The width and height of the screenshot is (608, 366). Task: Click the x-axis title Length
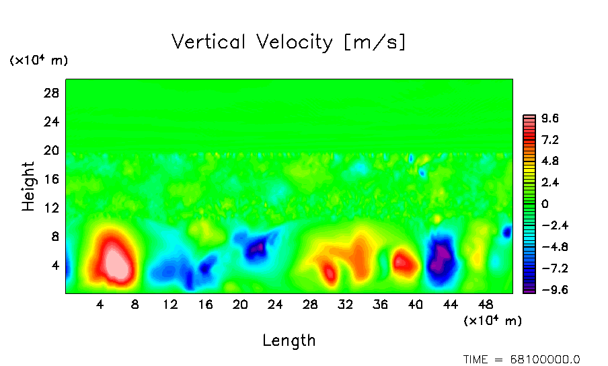pyautogui.click(x=289, y=340)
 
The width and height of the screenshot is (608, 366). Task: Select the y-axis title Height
pyautogui.click(x=28, y=186)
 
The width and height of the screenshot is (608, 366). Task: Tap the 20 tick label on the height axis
pyautogui.click(x=52, y=150)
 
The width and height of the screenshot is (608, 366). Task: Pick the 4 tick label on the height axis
pyautogui.click(x=56, y=265)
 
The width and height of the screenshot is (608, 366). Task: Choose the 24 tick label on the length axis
pyautogui.click(x=275, y=304)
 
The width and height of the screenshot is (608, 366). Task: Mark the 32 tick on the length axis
pyautogui.click(x=345, y=304)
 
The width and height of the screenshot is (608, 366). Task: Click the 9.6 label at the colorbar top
pyautogui.click(x=551, y=119)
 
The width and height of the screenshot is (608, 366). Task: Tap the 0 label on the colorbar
pyautogui.click(x=545, y=205)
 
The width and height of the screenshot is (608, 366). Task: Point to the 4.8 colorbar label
pyautogui.click(x=551, y=161)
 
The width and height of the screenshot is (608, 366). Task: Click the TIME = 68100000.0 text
pyautogui.click(x=521, y=359)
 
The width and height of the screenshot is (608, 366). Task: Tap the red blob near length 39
pyautogui.click(x=404, y=262)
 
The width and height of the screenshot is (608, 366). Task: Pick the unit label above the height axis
pyautogui.click(x=38, y=61)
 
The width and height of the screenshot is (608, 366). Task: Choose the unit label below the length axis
pyautogui.click(x=492, y=321)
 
